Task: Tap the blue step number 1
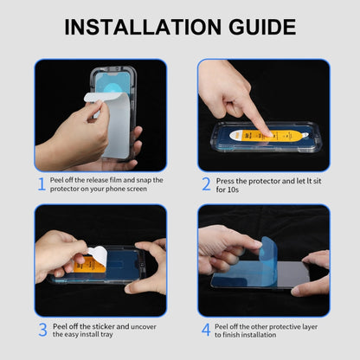[x=41, y=184]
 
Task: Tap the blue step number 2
[x=206, y=184]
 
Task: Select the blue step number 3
[x=41, y=330]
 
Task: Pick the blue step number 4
[x=206, y=330]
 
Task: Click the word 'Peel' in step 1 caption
[x=58, y=180]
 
